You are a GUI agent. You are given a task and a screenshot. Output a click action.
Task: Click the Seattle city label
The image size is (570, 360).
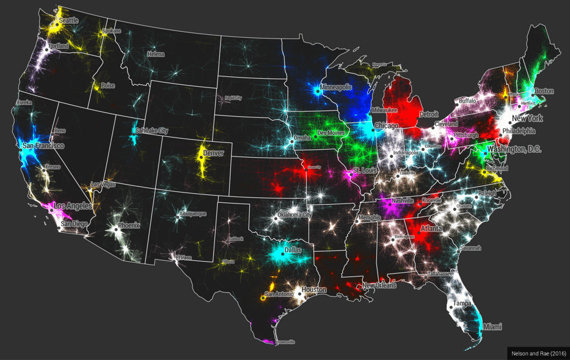68,20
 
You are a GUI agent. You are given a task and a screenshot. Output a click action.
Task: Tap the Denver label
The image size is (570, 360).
213,153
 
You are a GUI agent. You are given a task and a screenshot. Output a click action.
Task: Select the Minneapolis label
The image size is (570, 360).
336,87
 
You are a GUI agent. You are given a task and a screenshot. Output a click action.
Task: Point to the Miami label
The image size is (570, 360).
492,327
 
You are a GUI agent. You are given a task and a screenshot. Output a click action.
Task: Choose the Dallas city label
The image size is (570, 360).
293,250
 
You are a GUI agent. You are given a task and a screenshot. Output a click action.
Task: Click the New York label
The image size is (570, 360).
527,118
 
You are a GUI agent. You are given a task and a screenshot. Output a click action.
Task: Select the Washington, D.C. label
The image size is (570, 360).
514,149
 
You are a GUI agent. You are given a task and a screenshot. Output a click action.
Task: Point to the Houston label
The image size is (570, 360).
314,290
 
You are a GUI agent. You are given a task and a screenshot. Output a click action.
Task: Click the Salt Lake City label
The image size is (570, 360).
152,131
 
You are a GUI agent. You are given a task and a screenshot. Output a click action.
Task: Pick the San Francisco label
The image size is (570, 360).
43,146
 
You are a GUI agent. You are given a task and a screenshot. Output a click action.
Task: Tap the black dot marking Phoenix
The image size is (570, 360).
115,230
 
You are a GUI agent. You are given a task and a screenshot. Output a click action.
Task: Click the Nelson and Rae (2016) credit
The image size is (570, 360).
538,353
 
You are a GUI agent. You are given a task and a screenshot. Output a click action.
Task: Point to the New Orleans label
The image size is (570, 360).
379,285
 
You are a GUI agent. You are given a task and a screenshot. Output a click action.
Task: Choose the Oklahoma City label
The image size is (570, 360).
294,215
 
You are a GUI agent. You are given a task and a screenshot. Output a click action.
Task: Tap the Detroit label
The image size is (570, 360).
429,114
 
